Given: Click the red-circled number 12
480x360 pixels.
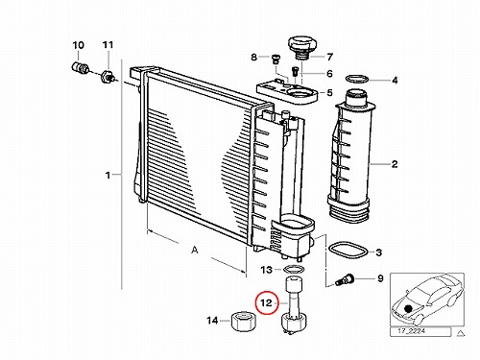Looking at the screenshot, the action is click(x=266, y=302).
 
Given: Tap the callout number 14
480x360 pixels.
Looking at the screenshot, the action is click(x=212, y=321).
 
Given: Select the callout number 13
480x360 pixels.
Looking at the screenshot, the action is click(x=266, y=270).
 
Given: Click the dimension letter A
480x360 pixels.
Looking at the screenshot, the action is click(x=195, y=250).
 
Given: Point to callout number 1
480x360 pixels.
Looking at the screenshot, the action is click(x=108, y=176).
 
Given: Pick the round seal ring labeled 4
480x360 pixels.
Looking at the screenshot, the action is click(x=357, y=78).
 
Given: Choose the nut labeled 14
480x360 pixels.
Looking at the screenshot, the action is click(x=244, y=322).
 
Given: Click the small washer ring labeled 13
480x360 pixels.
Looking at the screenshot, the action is click(x=294, y=269).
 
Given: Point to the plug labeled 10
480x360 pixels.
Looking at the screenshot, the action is click(x=80, y=67).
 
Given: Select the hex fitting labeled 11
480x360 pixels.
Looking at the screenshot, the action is click(x=108, y=77).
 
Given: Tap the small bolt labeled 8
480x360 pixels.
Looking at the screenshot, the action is click(x=276, y=60).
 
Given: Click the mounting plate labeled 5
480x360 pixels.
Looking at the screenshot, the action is click(x=287, y=92).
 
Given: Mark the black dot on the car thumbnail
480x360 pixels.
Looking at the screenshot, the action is click(x=408, y=309).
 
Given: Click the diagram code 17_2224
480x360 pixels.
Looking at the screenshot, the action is click(x=411, y=331).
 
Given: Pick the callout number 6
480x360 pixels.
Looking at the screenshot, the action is click(x=329, y=74).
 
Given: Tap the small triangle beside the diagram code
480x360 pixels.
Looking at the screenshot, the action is click(x=461, y=333).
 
